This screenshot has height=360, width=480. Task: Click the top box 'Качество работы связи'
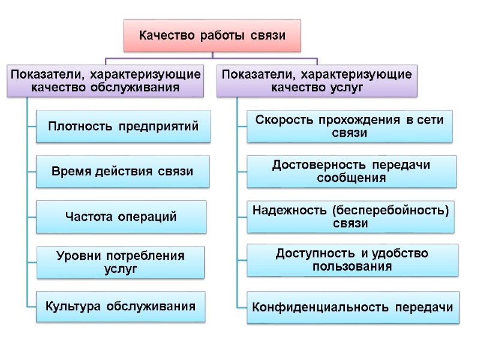(x=212, y=35)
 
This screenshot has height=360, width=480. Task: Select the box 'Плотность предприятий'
(x=123, y=126)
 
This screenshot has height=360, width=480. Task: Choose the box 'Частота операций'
(x=121, y=217)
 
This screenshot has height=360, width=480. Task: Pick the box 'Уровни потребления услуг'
(x=120, y=263)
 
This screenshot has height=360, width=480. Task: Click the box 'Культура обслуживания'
(x=121, y=307)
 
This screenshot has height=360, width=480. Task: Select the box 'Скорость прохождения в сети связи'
(x=349, y=126)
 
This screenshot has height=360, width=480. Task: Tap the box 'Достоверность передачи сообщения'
(x=352, y=171)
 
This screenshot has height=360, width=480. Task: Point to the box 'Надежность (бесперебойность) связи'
(x=350, y=217)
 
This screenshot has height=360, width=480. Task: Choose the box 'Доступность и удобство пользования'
(x=352, y=260)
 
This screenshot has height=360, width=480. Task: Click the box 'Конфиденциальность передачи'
(x=353, y=308)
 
